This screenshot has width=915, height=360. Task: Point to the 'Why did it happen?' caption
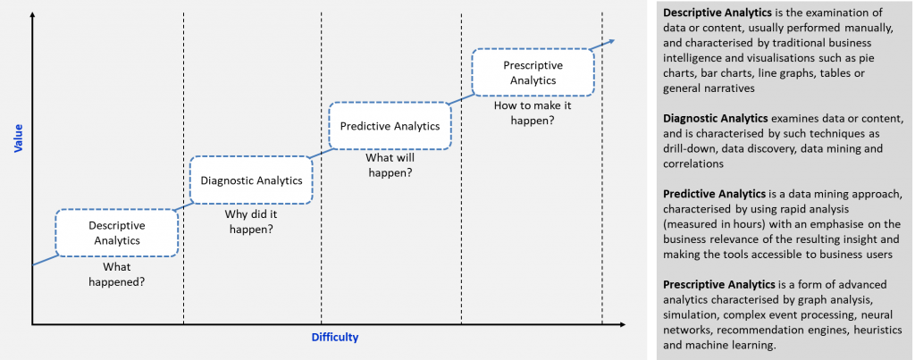pos(251,222)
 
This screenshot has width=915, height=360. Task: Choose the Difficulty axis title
pos(334,338)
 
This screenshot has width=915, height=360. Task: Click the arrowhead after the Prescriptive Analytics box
pos(609,41)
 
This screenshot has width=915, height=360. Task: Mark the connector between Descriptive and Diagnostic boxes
pos(184,206)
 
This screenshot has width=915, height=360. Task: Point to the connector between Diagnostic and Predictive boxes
pos(321,152)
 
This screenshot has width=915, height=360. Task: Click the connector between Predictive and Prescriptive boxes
pos(462,98)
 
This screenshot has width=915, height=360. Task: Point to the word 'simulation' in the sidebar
pos(688,315)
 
